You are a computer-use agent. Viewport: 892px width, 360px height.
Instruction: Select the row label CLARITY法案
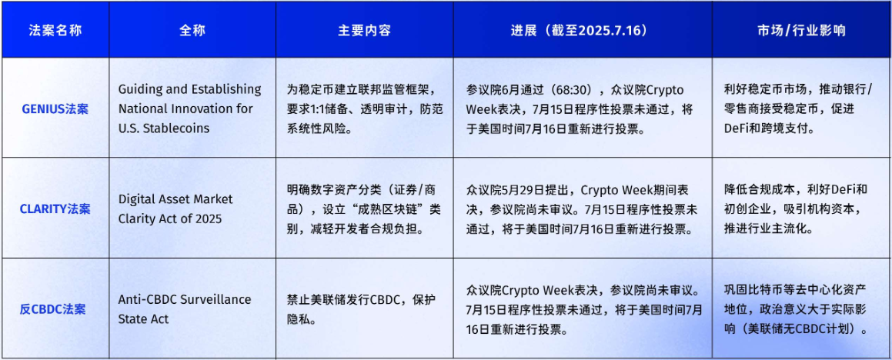pos(55,208)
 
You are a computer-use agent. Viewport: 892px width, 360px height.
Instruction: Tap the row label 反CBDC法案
pos(55,309)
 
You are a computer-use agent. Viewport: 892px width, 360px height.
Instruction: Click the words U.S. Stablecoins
pos(164,128)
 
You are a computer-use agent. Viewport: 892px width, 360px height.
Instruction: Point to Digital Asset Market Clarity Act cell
pos(175,208)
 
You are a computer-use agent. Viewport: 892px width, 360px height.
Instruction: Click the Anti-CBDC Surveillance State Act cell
pos(185,308)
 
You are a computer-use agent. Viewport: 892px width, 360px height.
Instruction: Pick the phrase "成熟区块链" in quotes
pos(379,208)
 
